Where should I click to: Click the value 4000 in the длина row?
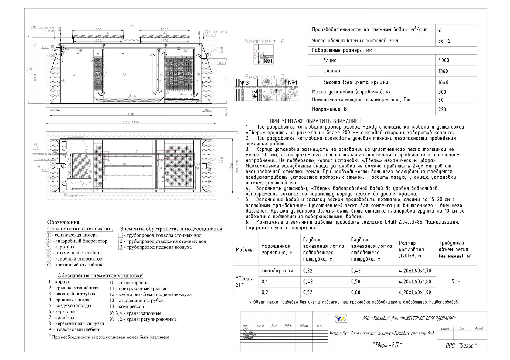pyautogui.click(x=444, y=60)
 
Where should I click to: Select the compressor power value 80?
pyautogui.click(x=441, y=100)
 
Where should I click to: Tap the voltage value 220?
pyautogui.click(x=442, y=109)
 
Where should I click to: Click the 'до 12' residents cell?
pyautogui.click(x=444, y=41)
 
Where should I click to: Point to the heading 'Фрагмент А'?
pyautogui.click(x=264, y=41)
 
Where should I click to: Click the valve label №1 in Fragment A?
pyautogui.click(x=268, y=61)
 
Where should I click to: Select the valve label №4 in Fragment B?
pyautogui.click(x=292, y=82)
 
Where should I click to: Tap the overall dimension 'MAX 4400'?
pyautogui.click(x=131, y=122)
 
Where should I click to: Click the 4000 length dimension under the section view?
pyautogui.click(x=131, y=114)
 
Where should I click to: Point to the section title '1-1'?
pyautogui.click(x=132, y=26)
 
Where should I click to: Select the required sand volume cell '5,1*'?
pyautogui.click(x=456, y=281)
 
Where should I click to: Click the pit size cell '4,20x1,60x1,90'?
pyautogui.click(x=415, y=292)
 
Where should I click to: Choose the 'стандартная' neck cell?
pyautogui.click(x=277, y=271)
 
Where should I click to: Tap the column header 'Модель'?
pyautogui.click(x=244, y=250)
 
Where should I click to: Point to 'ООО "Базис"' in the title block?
pyautogui.click(x=461, y=346)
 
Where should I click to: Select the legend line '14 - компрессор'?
pyautogui.click(x=127, y=306)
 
